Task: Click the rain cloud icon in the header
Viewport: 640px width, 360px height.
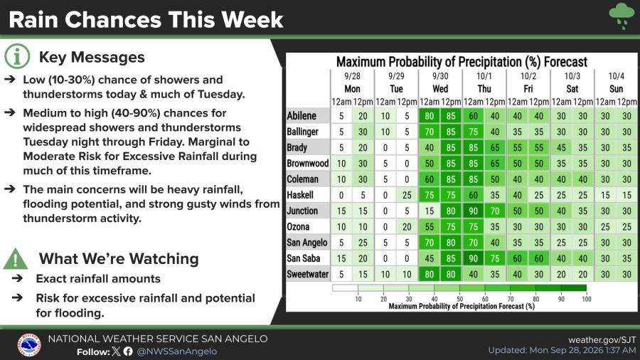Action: point(622,16)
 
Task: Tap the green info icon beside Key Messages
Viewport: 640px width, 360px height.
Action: point(17,57)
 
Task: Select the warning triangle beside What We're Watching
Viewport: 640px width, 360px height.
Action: point(16,259)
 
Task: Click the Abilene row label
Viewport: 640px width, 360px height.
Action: point(302,116)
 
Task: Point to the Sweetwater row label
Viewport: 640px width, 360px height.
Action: point(307,275)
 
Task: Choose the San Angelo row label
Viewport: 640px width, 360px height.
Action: point(307,243)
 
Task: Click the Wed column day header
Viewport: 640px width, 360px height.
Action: point(440,89)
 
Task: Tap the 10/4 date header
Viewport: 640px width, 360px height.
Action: point(616,76)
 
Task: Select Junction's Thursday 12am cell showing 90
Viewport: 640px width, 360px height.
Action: point(473,211)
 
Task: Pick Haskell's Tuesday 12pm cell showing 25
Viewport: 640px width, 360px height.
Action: point(407,195)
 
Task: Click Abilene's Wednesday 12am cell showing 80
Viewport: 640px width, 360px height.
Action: point(429,116)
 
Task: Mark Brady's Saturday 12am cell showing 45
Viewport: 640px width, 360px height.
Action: point(561,148)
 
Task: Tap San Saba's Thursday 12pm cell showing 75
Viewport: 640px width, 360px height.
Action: point(495,258)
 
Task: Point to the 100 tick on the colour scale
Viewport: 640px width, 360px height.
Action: point(587,299)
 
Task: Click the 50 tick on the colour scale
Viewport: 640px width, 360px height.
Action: point(459,299)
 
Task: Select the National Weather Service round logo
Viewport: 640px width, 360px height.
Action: point(29,345)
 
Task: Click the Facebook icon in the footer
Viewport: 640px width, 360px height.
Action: point(128,351)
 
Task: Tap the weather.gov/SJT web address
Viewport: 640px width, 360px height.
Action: point(602,339)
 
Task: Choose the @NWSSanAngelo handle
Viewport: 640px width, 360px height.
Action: point(177,351)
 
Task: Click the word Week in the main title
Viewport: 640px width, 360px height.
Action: point(252,20)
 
